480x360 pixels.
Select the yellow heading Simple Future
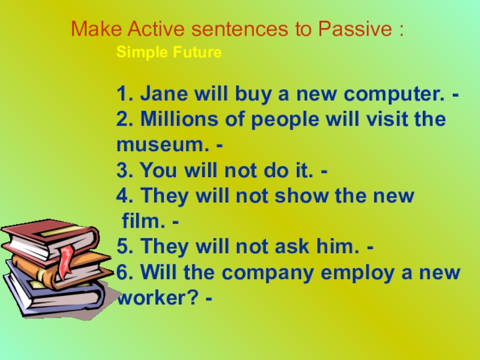[x=169, y=53]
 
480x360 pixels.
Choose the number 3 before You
[x=122, y=171]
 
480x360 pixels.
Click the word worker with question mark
[x=157, y=299]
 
